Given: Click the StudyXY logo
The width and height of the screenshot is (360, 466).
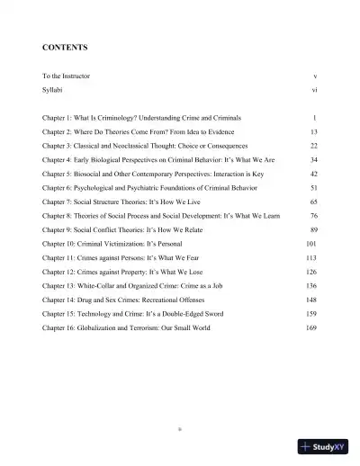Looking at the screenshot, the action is pos(323,446).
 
